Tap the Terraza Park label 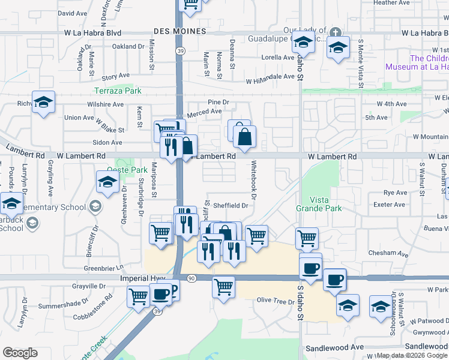pos(117,91)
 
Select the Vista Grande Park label pos(318,204)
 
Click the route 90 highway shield pos(191,278)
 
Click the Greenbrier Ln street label pos(103,267)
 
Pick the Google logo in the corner pos(20,353)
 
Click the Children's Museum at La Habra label pos(429,62)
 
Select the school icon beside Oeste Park pos(107,181)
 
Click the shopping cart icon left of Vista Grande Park pos(306,238)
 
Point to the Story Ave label pos(116,77)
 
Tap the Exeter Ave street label pos(390,205)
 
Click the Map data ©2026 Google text pos(412,355)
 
